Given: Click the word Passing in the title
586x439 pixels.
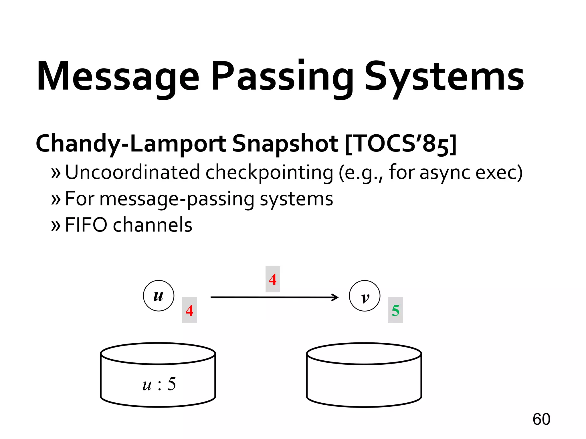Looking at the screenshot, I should click(x=282, y=77).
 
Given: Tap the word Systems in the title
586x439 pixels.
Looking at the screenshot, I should click(x=444, y=77).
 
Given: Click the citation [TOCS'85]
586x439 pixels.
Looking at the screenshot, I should click(x=401, y=144).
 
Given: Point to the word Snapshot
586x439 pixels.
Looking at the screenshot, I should click(x=285, y=144).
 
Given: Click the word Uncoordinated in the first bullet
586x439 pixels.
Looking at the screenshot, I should click(x=132, y=172).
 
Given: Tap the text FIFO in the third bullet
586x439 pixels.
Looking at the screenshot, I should click(x=86, y=225).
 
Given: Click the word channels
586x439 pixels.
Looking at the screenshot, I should click(x=153, y=225).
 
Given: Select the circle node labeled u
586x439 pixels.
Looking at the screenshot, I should click(x=159, y=296).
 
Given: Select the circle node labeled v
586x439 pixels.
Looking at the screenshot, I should click(x=365, y=296).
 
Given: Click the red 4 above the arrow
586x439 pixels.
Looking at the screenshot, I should click(x=273, y=279).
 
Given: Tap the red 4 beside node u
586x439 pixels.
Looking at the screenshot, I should click(x=189, y=310).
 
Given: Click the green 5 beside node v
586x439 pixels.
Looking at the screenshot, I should click(x=395, y=310).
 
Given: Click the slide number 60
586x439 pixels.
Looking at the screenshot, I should click(x=541, y=419).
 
